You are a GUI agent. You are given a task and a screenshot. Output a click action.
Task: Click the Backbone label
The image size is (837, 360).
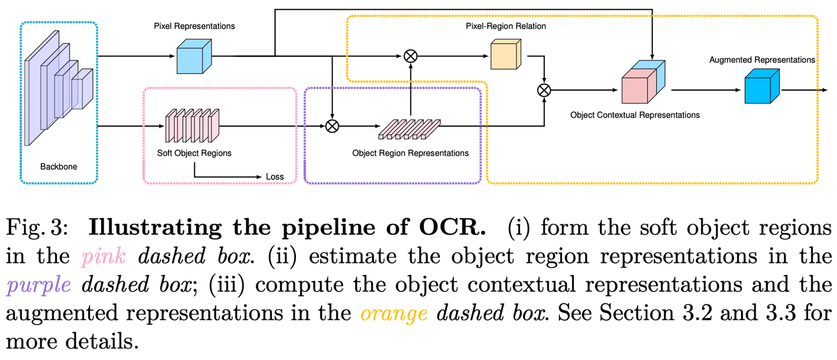click(59, 167)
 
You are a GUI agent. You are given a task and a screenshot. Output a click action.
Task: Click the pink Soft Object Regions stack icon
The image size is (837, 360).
click(192, 125)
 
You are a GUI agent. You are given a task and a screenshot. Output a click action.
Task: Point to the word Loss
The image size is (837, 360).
click(274, 177)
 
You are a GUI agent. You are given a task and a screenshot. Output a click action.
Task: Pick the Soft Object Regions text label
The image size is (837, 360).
click(194, 154)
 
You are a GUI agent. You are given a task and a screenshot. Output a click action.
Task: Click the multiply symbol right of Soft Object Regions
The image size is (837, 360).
click(332, 126)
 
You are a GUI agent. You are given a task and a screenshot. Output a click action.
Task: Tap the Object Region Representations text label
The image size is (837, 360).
click(410, 154)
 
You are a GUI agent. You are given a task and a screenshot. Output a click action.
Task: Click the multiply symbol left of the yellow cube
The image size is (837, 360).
click(410, 56)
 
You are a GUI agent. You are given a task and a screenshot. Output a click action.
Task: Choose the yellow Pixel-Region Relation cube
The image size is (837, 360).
click(507, 56)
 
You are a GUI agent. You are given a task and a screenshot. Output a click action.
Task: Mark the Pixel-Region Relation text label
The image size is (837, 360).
click(506, 27)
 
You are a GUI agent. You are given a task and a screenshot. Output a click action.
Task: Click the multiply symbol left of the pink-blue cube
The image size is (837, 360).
click(544, 90)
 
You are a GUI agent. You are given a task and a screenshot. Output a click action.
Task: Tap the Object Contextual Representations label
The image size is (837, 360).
click(635, 115)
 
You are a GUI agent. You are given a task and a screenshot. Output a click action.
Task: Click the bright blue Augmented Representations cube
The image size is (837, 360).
click(761, 86)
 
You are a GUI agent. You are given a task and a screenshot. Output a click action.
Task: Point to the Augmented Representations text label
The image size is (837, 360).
click(762, 60)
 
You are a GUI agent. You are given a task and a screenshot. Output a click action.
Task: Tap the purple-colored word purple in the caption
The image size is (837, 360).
click(39, 284)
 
